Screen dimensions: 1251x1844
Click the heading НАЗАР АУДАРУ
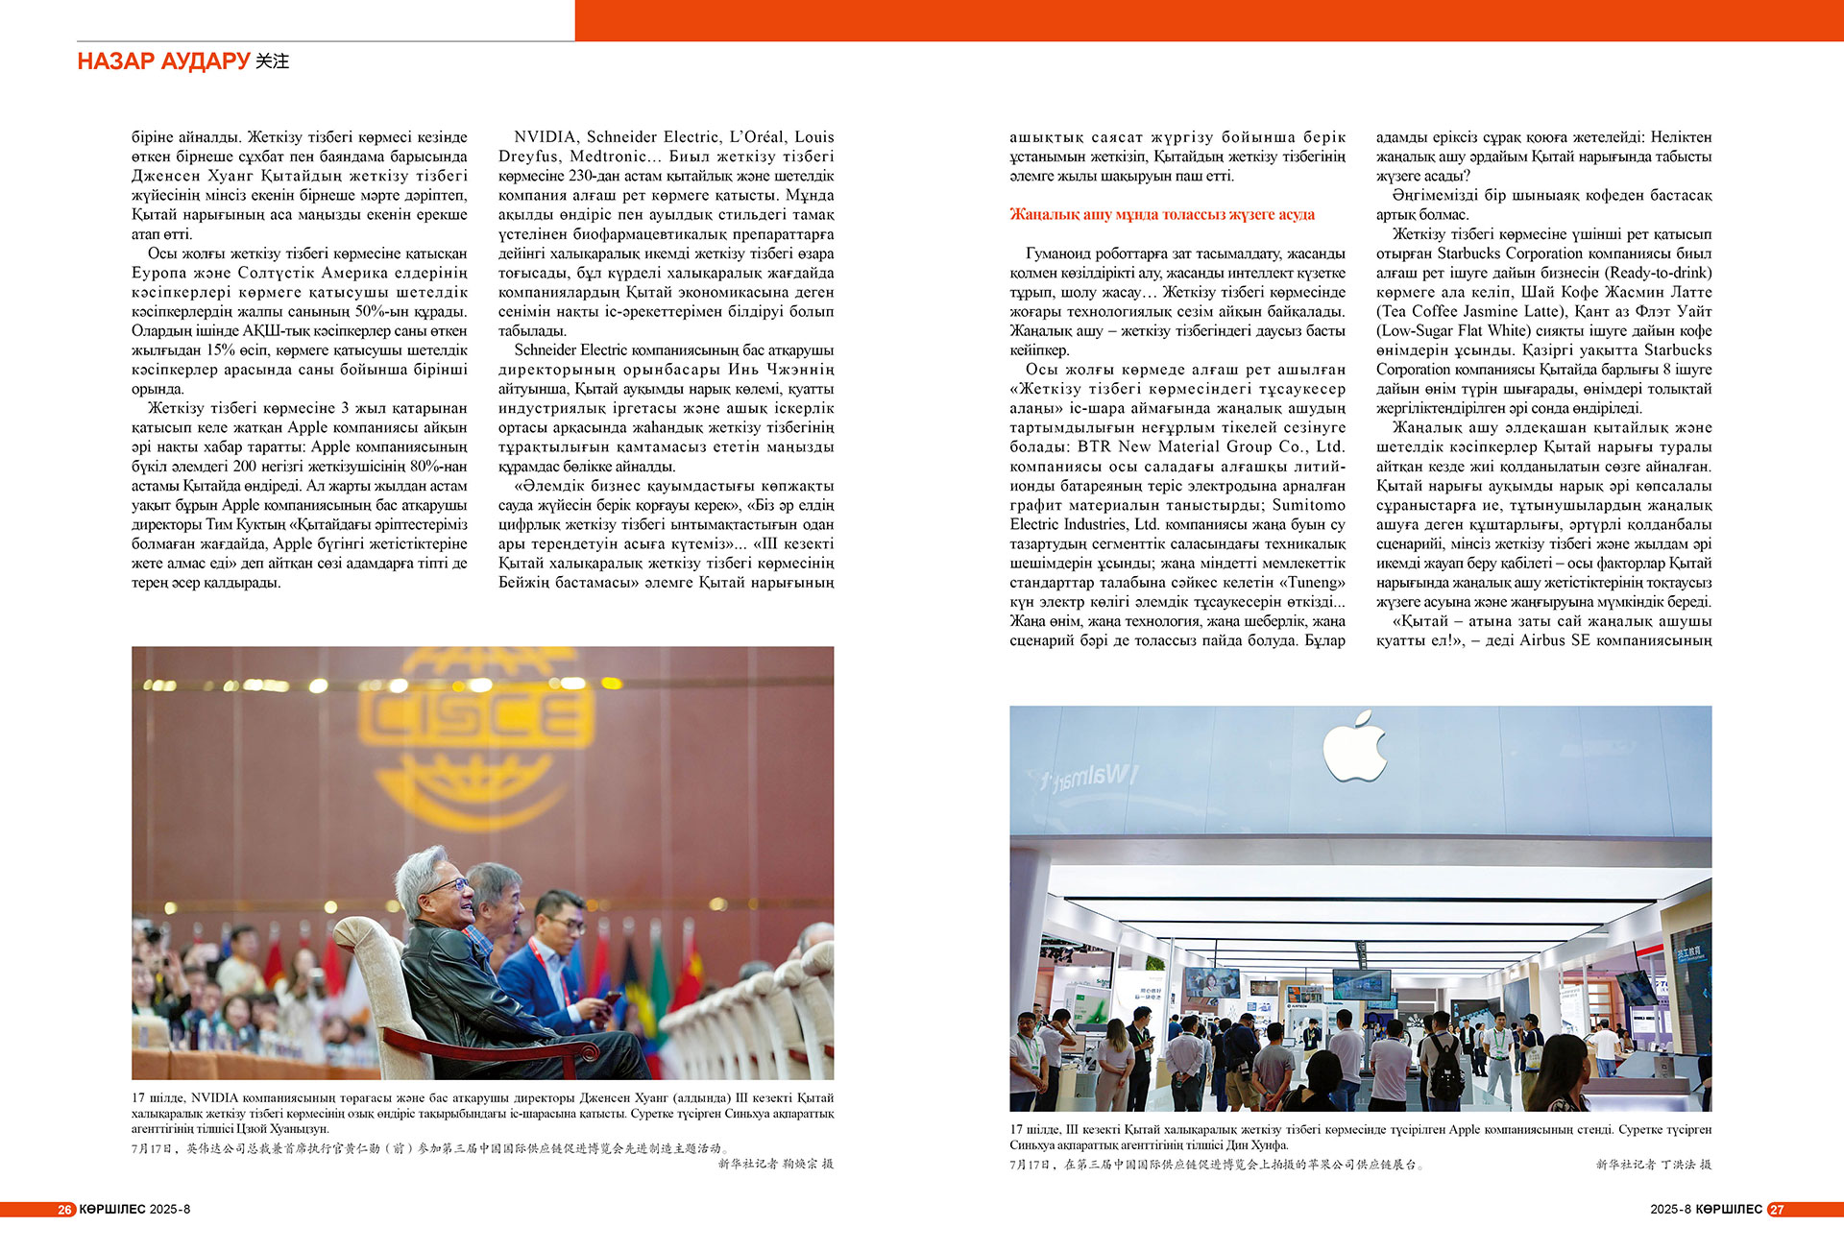coord(163,61)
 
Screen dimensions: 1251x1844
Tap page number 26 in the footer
coord(65,1210)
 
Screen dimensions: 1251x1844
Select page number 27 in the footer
coord(1777,1210)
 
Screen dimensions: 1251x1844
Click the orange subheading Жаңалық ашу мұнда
coord(1161,214)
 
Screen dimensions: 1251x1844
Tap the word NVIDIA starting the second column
coord(545,137)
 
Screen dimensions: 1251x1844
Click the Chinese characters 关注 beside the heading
coord(273,61)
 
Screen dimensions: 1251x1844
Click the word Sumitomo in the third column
coord(1308,505)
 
